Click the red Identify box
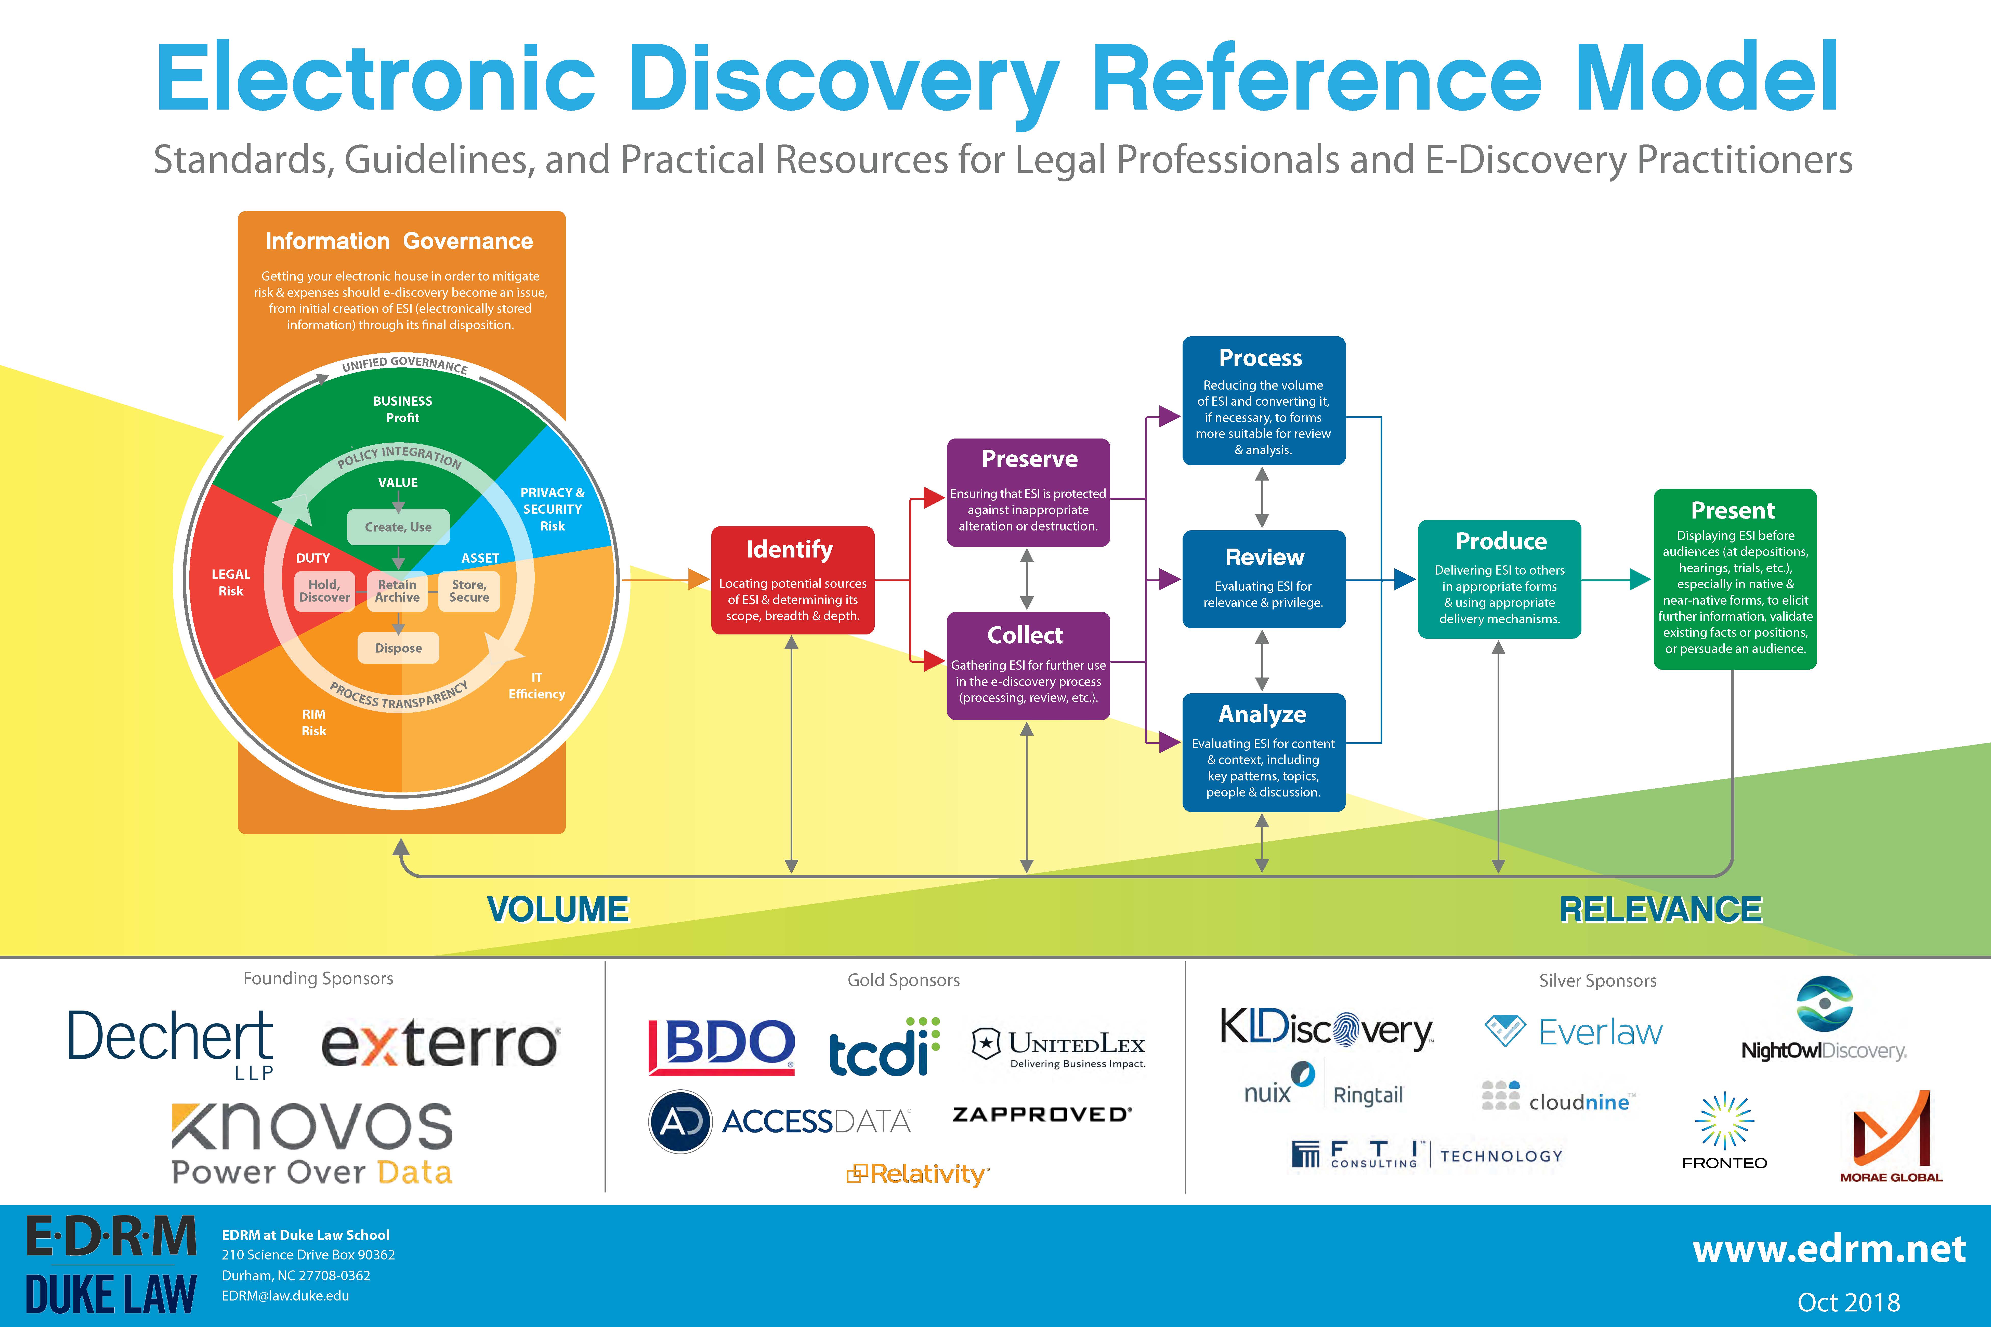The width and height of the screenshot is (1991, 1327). (792, 580)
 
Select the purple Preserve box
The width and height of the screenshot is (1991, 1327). (1028, 493)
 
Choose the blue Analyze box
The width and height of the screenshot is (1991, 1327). (1263, 752)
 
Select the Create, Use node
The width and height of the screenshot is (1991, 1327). (398, 526)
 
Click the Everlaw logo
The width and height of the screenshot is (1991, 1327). (1574, 1032)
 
